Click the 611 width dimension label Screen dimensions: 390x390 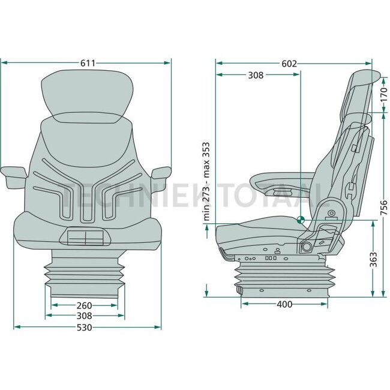[x=88, y=63]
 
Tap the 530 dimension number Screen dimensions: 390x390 [x=85, y=328]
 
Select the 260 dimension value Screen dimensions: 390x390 [x=85, y=305]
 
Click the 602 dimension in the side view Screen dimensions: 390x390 [x=289, y=64]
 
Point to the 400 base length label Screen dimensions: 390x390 [x=284, y=304]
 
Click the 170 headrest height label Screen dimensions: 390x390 [x=384, y=94]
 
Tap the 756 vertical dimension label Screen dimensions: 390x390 [x=384, y=208]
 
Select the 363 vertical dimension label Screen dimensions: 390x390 [x=374, y=259]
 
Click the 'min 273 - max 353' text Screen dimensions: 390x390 [x=206, y=182]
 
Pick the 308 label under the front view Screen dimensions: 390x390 [x=85, y=316]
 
